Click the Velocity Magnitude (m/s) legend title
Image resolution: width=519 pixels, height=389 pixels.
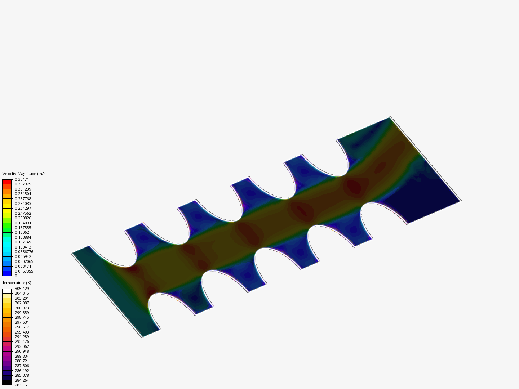point(25,174)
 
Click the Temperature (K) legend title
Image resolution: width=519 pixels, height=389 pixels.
point(17,283)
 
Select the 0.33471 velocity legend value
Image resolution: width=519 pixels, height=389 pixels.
point(22,179)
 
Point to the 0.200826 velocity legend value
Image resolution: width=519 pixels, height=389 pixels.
point(23,218)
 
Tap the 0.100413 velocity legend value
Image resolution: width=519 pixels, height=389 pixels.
point(23,247)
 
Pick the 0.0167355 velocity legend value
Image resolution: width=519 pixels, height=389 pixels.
point(24,271)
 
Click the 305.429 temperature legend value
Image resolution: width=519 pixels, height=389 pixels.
point(22,289)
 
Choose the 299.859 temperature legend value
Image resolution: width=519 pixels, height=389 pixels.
point(22,313)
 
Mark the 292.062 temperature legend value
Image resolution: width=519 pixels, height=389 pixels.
point(22,346)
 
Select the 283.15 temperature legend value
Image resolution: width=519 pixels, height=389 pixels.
point(21,385)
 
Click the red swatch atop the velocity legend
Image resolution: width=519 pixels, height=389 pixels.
point(7,182)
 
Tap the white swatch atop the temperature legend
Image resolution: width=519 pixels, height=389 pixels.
point(7,291)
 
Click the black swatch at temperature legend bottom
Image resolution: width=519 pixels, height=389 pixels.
point(7,383)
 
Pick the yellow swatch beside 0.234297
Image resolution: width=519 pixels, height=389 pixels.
point(7,206)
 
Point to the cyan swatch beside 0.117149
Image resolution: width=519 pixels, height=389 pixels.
point(7,245)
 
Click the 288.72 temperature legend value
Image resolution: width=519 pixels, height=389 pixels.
point(21,361)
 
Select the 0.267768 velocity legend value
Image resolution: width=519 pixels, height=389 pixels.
point(23,199)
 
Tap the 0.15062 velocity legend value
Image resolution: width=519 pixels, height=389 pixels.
point(22,232)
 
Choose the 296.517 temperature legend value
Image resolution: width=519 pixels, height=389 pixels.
point(22,327)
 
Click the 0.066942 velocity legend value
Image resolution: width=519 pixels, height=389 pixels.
point(23,256)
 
